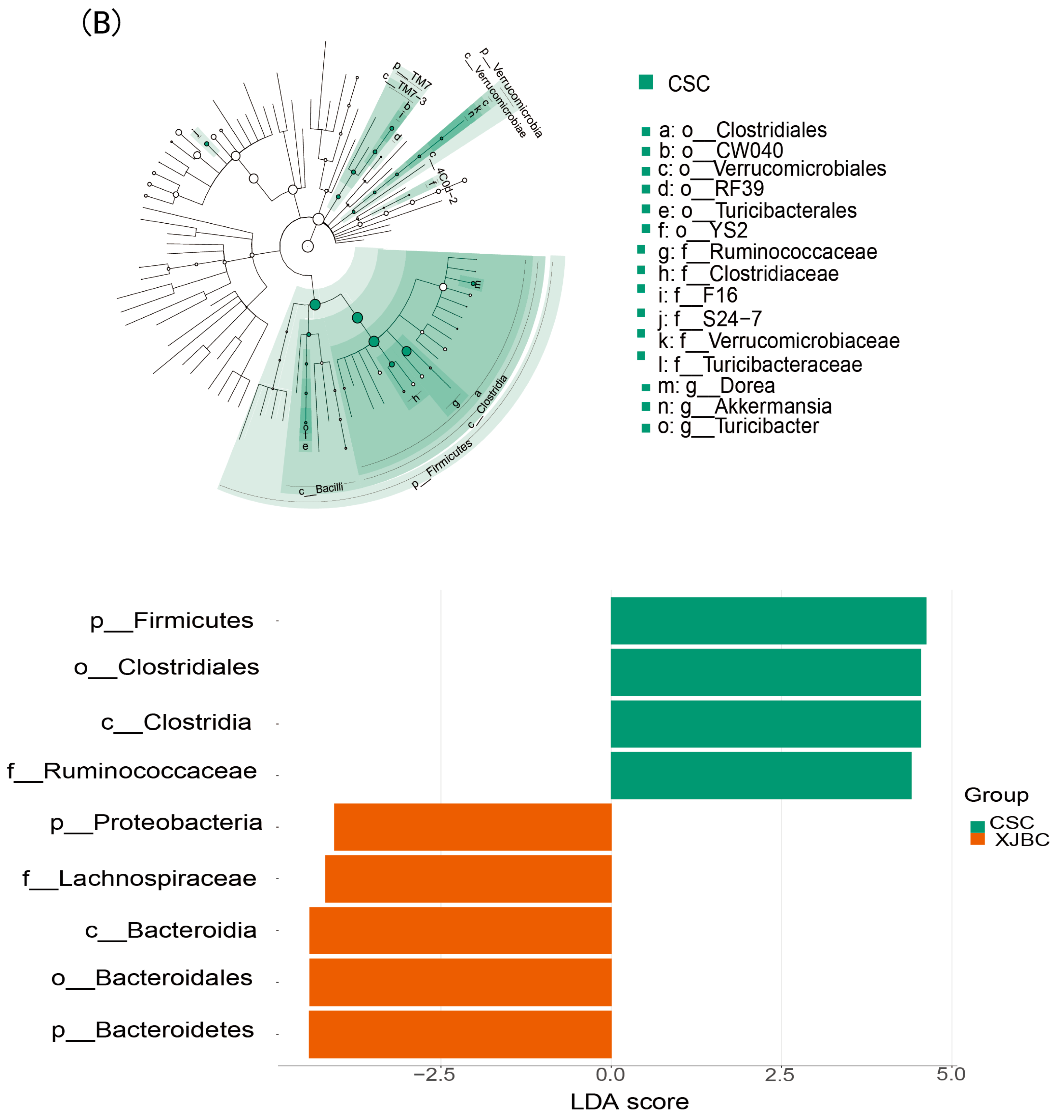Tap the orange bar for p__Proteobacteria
pyautogui.click(x=472, y=827)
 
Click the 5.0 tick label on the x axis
pyautogui.click(x=951, y=1075)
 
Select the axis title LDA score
pyautogui.click(x=629, y=1102)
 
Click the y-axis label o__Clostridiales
pyautogui.click(x=167, y=667)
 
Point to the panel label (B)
pyautogui.click(x=101, y=24)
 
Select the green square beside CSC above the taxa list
pyautogui.click(x=646, y=82)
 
